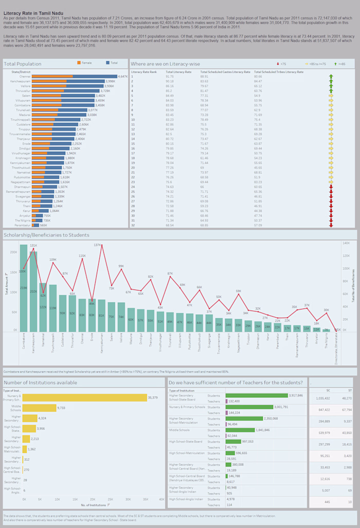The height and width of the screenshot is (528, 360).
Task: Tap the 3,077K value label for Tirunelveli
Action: pos(93,110)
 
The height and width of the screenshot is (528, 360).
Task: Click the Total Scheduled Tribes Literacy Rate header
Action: pos(276,71)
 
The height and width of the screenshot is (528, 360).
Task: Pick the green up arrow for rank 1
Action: pos(331,76)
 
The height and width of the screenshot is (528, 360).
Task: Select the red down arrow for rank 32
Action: pos(331,225)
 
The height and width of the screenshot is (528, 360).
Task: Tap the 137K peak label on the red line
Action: pos(97,245)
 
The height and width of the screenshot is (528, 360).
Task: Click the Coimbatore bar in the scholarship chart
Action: pos(23,288)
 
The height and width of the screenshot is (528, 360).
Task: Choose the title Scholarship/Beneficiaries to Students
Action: pos(46,235)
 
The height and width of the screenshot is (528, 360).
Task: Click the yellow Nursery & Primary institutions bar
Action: pos(84,397)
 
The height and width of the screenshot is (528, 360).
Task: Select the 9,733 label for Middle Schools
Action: pos(61,407)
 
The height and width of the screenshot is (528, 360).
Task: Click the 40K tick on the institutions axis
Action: pos(161,499)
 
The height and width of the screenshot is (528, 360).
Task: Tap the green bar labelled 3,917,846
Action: pos(257,395)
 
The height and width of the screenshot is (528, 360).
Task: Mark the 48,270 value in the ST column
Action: pos(347,398)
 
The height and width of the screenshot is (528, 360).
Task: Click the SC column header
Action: pos(328,390)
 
